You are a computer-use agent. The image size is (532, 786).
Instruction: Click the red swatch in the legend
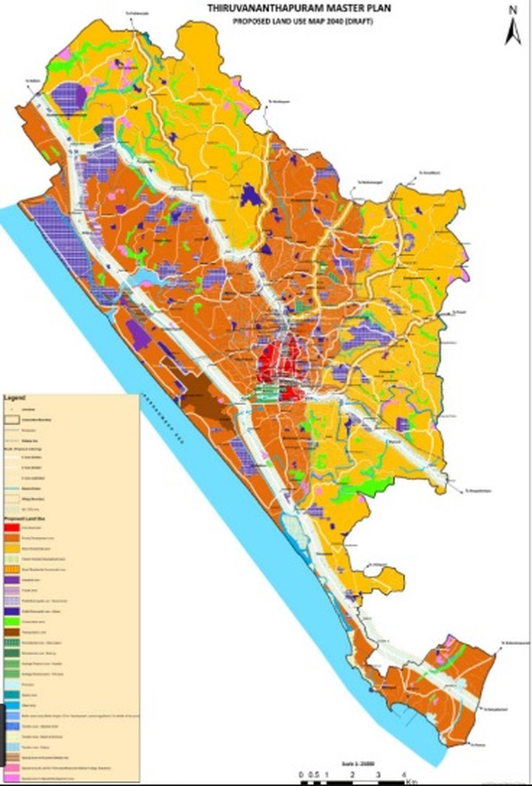tap(12, 528)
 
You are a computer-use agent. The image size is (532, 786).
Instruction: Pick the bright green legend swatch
tap(12, 622)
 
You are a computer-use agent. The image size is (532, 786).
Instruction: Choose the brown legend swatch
tap(12, 633)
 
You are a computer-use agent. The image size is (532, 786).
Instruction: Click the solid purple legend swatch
tap(12, 580)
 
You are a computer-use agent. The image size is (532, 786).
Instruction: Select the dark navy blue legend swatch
tap(12, 611)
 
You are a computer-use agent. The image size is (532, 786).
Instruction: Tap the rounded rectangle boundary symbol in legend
tap(12, 419)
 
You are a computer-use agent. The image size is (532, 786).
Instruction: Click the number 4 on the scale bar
tap(403, 774)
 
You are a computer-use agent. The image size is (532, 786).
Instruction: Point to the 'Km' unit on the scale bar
tap(412, 781)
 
